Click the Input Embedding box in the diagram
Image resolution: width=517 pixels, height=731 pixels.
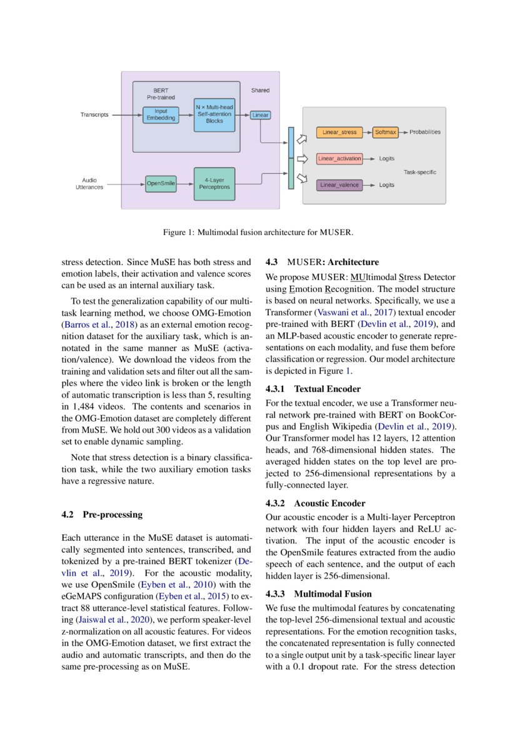coord(161,115)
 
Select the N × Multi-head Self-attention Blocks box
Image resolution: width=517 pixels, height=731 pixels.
coord(214,114)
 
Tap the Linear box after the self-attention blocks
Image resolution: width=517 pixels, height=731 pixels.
coord(260,115)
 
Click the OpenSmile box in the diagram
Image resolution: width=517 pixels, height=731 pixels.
coord(161,183)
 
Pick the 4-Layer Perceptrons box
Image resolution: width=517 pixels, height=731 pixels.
coord(214,183)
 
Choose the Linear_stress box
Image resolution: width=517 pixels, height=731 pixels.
coord(339,133)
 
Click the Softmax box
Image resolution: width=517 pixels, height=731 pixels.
coord(386,133)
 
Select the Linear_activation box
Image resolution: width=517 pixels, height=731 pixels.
coord(339,159)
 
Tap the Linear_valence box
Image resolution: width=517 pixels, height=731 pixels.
coord(339,185)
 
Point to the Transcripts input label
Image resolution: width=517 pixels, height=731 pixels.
coord(94,115)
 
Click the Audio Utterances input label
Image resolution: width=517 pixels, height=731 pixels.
coord(89,184)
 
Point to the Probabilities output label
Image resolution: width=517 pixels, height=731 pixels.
coord(425,133)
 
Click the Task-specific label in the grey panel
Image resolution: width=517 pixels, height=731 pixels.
coord(419,172)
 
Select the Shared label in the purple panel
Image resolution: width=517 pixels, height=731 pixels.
coord(260,91)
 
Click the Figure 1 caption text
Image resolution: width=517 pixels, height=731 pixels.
coord(258,233)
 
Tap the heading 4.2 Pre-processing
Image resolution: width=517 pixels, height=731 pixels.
coord(102,515)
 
